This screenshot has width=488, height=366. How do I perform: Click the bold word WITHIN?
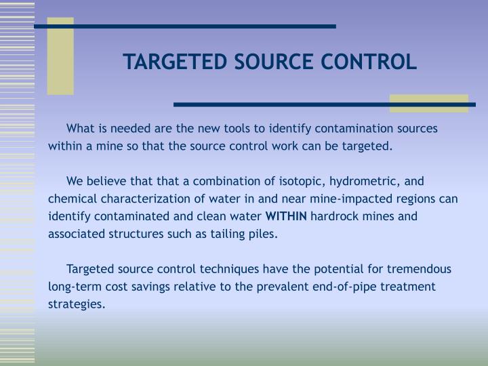[285, 217]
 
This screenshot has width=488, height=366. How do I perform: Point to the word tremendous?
[415, 269]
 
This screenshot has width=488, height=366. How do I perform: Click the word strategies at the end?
[77, 304]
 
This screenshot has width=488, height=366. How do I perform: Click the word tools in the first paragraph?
[247, 128]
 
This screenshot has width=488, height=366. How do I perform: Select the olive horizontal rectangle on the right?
[429, 103]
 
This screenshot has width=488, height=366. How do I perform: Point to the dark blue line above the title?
[185, 26]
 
